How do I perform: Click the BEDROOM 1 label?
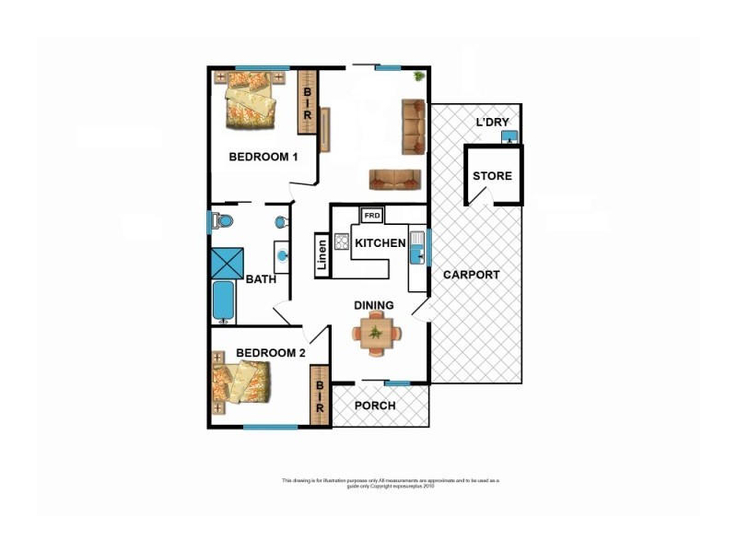coord(263,157)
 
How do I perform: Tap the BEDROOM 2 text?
coord(270,353)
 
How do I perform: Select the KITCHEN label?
coord(380,243)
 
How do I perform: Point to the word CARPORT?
coord(471,275)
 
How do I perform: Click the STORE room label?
coord(492,176)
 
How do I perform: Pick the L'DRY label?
coord(492,123)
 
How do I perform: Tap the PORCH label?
coord(375,406)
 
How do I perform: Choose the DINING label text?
coord(374,306)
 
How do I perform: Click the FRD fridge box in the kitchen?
coord(372,216)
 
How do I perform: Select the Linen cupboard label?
coord(322,256)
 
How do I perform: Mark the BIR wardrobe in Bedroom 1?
coord(307,101)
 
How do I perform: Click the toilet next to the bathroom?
coord(222,221)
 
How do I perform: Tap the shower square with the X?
coord(227,264)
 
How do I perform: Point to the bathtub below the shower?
coord(223,301)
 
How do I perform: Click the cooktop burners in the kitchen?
coord(342,242)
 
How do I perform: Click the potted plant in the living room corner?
coord(419,76)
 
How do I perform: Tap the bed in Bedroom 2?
coord(241,382)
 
